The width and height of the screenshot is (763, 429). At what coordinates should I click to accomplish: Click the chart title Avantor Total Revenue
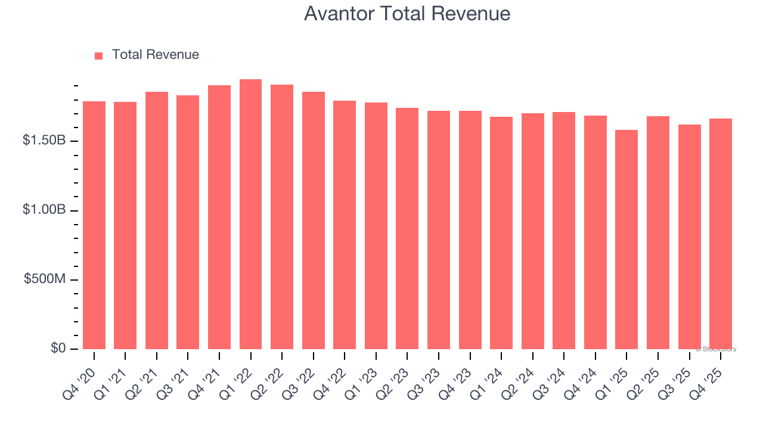click(x=407, y=14)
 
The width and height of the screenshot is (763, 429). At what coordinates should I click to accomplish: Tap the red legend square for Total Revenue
click(x=99, y=55)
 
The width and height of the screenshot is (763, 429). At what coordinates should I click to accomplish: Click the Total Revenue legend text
click(x=155, y=55)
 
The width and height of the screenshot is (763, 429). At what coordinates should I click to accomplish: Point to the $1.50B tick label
click(x=44, y=141)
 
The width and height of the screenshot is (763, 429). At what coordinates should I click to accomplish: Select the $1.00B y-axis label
click(x=44, y=210)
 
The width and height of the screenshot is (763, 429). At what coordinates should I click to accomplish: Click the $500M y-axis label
click(x=45, y=279)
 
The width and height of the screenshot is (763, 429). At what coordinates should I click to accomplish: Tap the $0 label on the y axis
click(x=57, y=349)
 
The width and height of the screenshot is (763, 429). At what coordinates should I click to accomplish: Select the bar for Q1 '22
click(x=250, y=214)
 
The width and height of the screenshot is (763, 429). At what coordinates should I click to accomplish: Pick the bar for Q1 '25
click(x=626, y=240)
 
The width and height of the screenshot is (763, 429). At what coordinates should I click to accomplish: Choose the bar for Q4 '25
click(x=721, y=234)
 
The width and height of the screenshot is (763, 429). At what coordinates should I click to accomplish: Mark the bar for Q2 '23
click(x=407, y=228)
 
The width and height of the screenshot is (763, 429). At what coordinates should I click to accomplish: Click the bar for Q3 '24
click(x=564, y=231)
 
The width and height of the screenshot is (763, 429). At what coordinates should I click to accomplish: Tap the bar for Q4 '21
click(x=219, y=217)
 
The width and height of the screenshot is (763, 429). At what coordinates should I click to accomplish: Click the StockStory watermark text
click(x=716, y=349)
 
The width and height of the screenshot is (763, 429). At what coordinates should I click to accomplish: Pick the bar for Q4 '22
click(x=345, y=225)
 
